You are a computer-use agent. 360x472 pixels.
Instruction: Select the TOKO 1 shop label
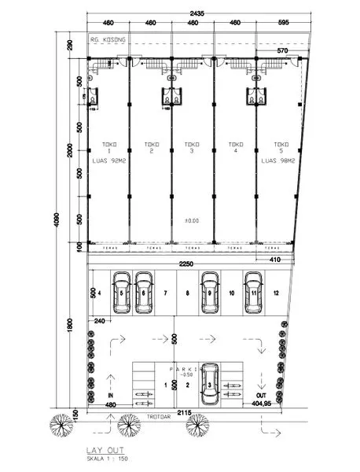click(108, 148)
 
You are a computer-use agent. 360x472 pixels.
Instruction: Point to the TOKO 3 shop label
click(191, 148)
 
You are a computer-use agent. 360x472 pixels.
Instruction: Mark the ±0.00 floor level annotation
click(191, 221)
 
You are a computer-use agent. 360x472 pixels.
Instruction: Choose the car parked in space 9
click(210, 292)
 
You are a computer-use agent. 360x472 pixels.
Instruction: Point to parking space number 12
click(276, 293)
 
